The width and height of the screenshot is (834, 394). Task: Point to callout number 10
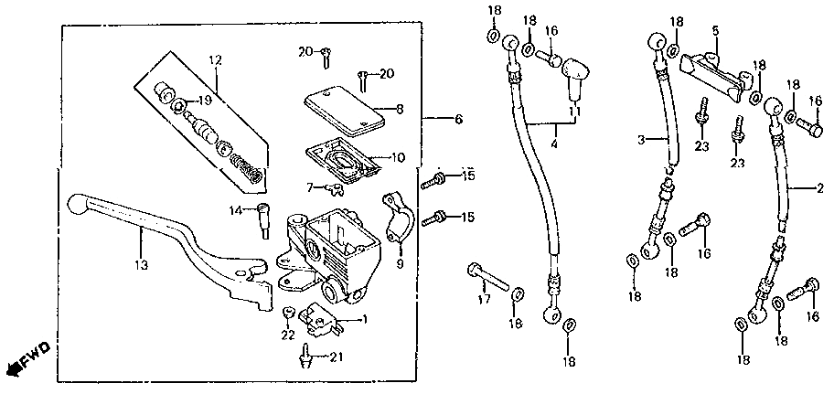pos(397,157)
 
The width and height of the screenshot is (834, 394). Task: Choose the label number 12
pos(217,60)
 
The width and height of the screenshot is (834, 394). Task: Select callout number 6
pos(458,120)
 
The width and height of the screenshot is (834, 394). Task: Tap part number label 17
pos(485,299)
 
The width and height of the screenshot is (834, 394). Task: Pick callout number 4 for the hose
pos(554,144)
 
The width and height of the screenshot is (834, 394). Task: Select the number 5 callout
pos(716,30)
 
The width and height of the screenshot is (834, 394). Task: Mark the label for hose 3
pos(642,139)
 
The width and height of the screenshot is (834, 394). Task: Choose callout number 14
pos(234,210)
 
